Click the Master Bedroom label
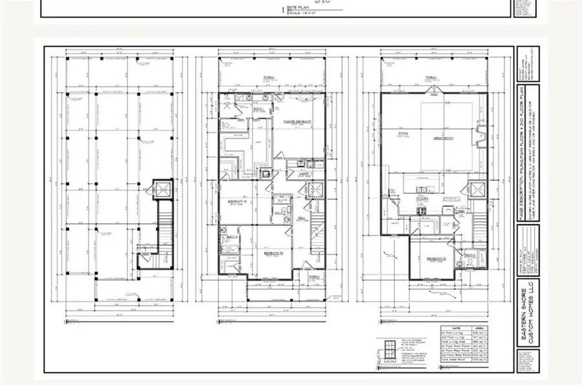(x=298, y=121)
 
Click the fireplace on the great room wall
(x=479, y=137)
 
